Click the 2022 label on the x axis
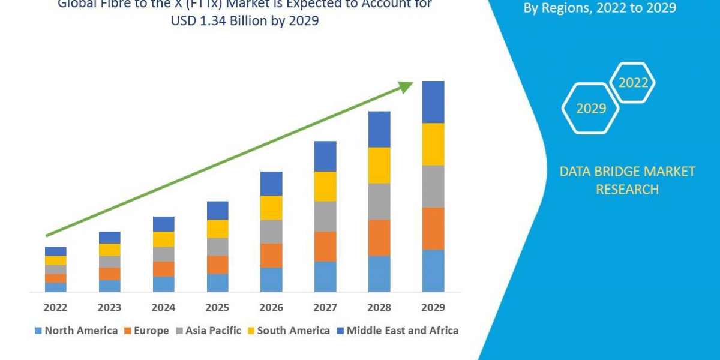pyautogui.click(x=55, y=307)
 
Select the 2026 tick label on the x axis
pyautogui.click(x=271, y=307)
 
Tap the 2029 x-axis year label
pyautogui.click(x=433, y=307)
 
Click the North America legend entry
pyautogui.click(x=76, y=331)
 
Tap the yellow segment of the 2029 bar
pyautogui.click(x=433, y=144)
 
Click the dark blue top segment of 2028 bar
pyautogui.click(x=379, y=129)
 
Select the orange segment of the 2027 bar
pyautogui.click(x=325, y=246)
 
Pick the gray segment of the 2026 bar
pyautogui.click(x=271, y=231)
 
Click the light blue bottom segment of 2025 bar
pyautogui.click(x=217, y=283)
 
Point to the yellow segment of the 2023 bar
pyautogui.click(x=109, y=250)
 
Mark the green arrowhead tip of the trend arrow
pyautogui.click(x=412, y=83)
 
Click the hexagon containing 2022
pyautogui.click(x=632, y=83)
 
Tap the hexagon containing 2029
pyautogui.click(x=590, y=109)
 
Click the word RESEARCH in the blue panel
pyautogui.click(x=626, y=190)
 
